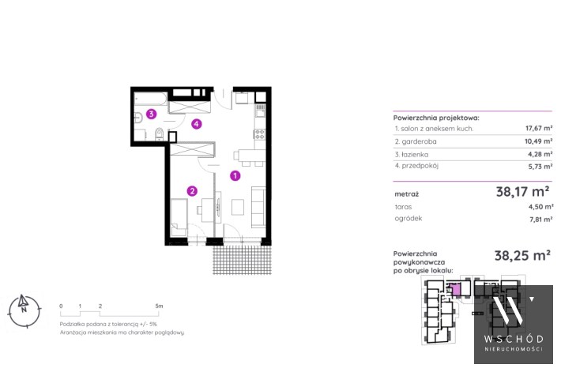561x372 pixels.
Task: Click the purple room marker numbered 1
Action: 235,175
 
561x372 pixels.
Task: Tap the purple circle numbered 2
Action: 192,191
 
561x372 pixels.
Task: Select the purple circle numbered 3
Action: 152,114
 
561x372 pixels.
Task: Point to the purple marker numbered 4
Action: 197,124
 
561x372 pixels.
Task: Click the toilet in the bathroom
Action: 160,134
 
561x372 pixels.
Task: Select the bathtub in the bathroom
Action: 151,99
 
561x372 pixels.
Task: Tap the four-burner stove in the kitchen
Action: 260,134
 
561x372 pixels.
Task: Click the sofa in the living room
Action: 258,207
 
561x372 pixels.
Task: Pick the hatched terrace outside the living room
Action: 243,260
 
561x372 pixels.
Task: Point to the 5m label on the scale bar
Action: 159,306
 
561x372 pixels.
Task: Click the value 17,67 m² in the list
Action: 539,128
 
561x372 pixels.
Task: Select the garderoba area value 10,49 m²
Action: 538,141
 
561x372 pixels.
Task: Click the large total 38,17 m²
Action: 523,192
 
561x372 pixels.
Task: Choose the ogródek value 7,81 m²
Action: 541,220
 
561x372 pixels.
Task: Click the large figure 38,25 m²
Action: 522,255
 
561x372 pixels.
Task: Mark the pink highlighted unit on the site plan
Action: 455,289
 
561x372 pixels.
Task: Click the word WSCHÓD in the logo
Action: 514,339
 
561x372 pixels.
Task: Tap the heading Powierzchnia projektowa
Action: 436,118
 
